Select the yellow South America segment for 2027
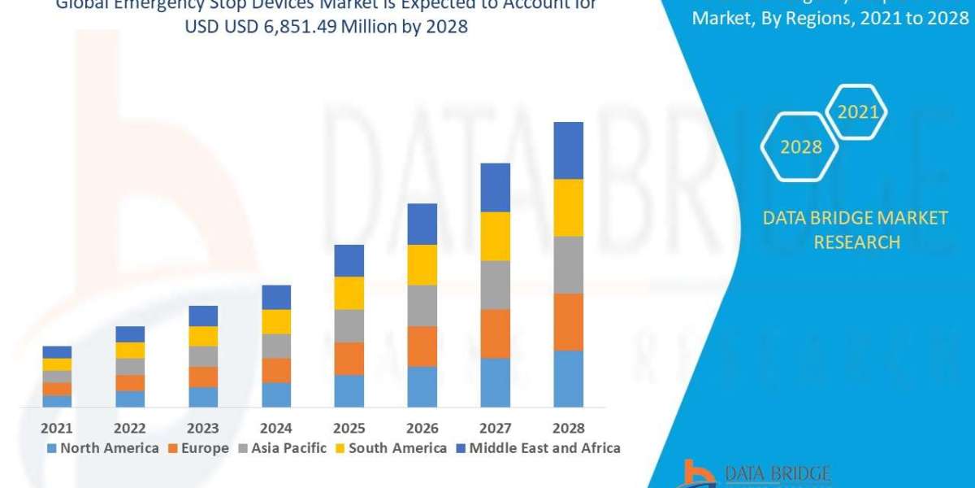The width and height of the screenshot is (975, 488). (x=495, y=236)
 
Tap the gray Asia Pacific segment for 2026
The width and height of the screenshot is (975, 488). (x=422, y=305)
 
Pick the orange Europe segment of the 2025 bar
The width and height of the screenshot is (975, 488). (x=349, y=358)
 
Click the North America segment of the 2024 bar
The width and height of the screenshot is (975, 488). (x=276, y=394)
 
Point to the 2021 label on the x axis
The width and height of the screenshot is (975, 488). (x=57, y=428)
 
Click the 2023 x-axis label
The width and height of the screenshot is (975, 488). (x=203, y=428)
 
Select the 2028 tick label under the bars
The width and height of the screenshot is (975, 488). (x=568, y=428)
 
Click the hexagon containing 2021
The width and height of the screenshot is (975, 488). (x=857, y=112)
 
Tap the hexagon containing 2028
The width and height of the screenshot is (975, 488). (x=800, y=147)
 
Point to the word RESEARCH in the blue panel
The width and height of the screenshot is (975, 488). (x=856, y=242)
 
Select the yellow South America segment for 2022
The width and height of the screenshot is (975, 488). (x=130, y=350)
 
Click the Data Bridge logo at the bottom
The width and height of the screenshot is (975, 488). (x=756, y=474)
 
